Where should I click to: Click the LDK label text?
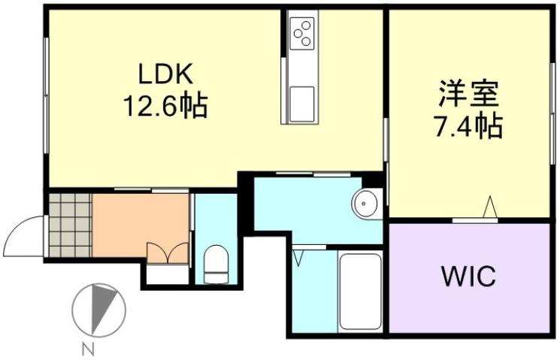[165, 75]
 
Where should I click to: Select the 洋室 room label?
[469, 96]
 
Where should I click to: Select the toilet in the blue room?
[216, 263]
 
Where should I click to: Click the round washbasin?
[366, 203]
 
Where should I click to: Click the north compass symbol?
[98, 308]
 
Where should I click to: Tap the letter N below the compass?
[89, 348]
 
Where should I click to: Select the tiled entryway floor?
[70, 225]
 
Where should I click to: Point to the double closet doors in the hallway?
[168, 253]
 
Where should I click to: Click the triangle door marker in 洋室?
[490, 207]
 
